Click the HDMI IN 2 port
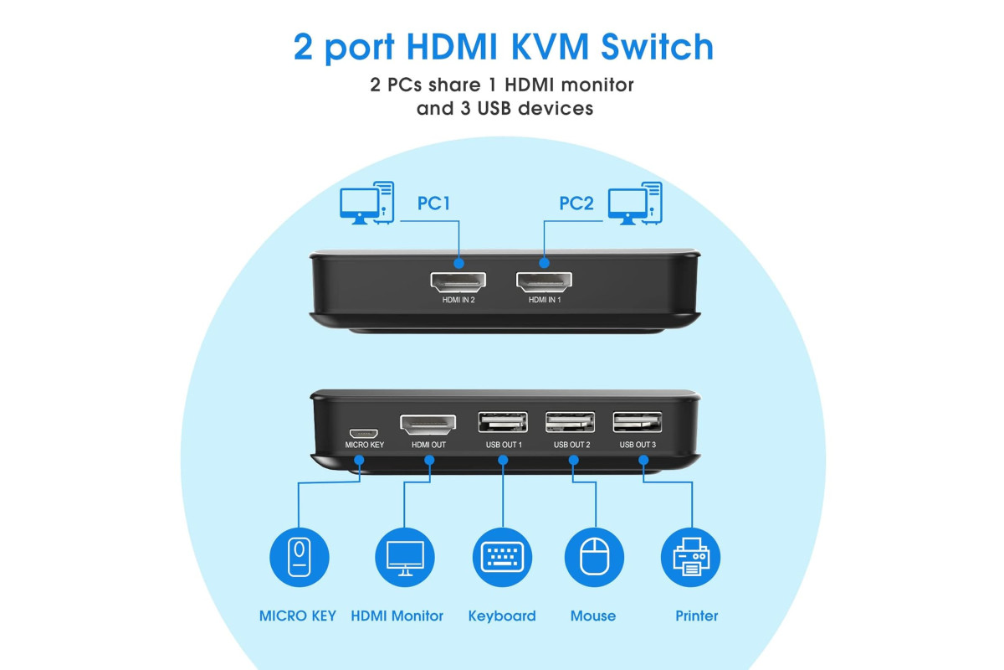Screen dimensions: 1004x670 (458, 281)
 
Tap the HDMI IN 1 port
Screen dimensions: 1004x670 (544, 281)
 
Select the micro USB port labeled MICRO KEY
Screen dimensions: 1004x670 (363, 434)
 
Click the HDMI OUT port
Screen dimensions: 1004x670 (428, 424)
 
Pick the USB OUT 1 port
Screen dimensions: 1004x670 (503, 422)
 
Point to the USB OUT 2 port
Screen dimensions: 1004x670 (570, 422)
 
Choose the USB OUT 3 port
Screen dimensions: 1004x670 (638, 422)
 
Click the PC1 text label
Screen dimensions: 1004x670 (433, 204)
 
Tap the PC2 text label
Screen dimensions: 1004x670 (576, 204)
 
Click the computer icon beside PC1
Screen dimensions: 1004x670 (367, 203)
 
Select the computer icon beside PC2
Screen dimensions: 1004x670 (635, 203)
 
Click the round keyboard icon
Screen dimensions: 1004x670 (503, 558)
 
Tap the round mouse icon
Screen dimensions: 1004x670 (594, 558)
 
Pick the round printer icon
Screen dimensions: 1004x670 (691, 558)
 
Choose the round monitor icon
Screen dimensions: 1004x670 (405, 558)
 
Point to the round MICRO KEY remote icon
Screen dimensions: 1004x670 (300, 558)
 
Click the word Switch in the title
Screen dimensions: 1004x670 (657, 47)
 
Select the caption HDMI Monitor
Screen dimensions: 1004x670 (397, 616)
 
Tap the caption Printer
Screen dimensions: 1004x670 (696, 616)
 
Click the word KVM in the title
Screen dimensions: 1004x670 (550, 47)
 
